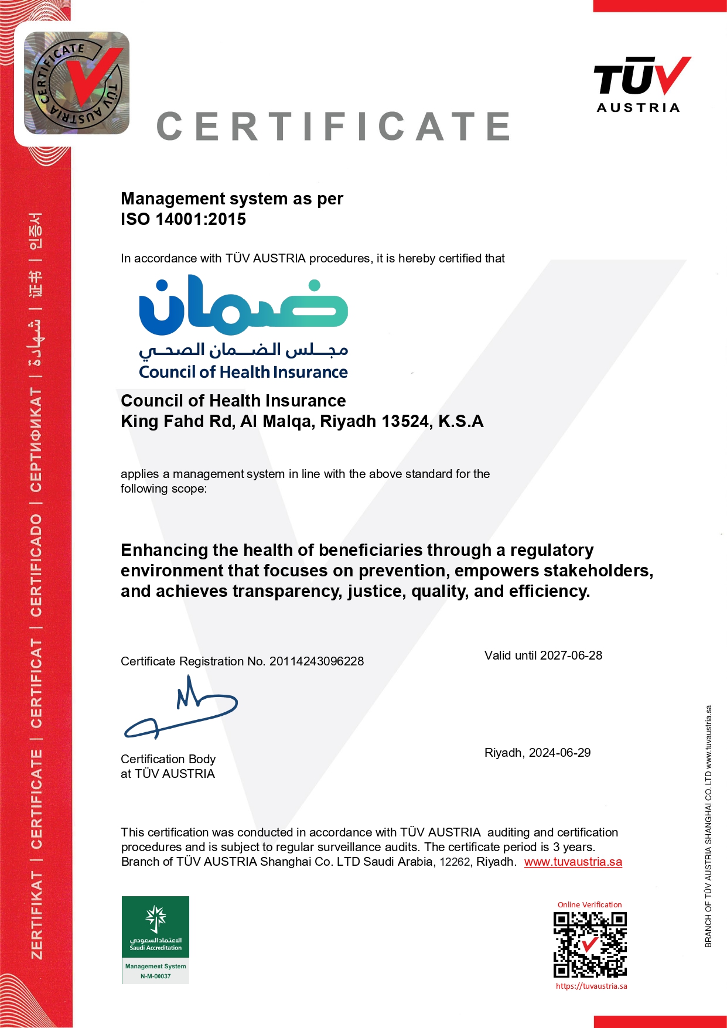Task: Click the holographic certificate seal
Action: point(77,83)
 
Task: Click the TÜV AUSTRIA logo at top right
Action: point(641,84)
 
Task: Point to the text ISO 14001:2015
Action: point(183,219)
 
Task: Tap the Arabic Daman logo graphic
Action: point(243,305)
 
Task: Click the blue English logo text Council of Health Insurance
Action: point(243,373)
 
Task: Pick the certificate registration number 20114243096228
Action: point(316,661)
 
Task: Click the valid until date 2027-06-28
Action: point(571,655)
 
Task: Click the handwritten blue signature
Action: point(181,709)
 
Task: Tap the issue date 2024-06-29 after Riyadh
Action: point(559,753)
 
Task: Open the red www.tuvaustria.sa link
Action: point(572,862)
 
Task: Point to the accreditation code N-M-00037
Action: point(155,976)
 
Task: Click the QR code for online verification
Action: point(590,944)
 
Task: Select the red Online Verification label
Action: point(589,905)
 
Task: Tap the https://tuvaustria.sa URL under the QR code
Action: point(591,986)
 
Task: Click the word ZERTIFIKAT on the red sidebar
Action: point(36,914)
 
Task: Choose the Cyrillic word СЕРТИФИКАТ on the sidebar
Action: point(36,440)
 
